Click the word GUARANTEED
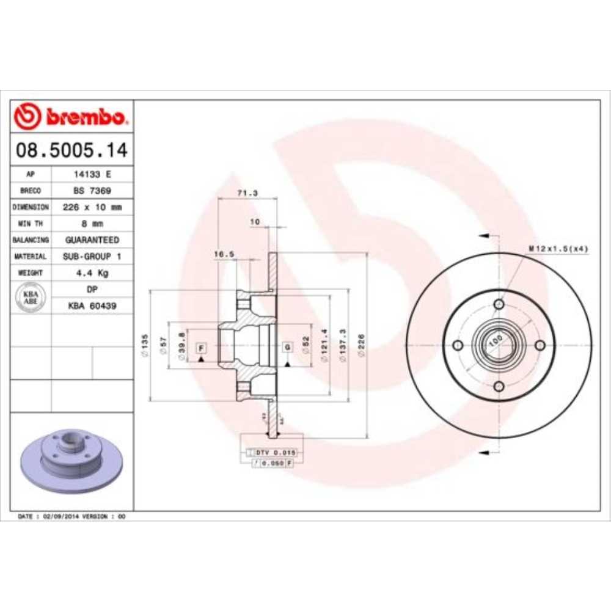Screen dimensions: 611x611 coord(92,240)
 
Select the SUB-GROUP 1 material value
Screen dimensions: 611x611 coord(92,257)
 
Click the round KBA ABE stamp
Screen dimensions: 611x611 coord(31,298)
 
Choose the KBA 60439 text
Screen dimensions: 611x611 coord(92,305)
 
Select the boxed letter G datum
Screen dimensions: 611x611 coord(286,347)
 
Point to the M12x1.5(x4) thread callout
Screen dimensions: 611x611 coord(558,248)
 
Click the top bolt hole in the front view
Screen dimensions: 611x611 coord(499,304)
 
